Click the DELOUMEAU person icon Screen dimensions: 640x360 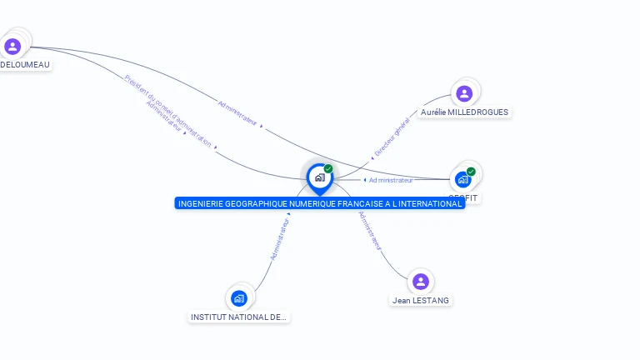12,47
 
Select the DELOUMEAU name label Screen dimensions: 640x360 25,65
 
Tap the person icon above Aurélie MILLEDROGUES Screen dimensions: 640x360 464,93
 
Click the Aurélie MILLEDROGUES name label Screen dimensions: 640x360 464,112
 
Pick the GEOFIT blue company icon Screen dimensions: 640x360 462,179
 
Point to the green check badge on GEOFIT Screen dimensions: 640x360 471,172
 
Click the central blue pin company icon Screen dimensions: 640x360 319,177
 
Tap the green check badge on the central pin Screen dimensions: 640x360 328,169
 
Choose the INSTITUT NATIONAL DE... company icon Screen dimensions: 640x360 239,297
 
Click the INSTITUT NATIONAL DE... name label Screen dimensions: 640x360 239,317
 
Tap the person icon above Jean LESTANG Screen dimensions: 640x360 421,282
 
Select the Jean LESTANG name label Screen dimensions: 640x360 421,300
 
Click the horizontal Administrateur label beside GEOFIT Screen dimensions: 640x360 391,180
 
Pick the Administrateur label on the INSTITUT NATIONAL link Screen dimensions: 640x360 281,239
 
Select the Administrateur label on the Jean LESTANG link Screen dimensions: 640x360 369,231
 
